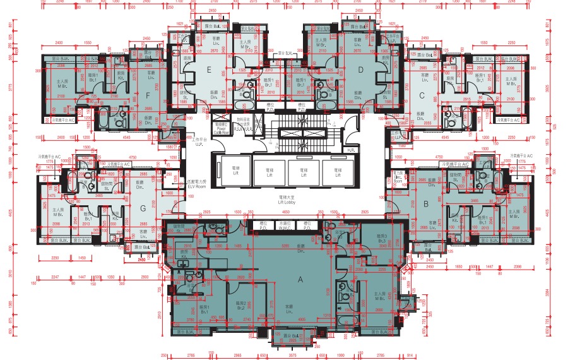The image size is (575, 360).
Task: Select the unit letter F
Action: click(x=147, y=96)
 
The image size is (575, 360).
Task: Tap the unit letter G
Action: click(x=143, y=209)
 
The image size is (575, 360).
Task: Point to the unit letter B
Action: click(x=427, y=203)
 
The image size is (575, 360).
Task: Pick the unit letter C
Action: click(x=421, y=95)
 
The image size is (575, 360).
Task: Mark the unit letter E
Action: click(x=208, y=71)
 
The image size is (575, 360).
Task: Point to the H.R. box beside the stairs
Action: click(x=351, y=150)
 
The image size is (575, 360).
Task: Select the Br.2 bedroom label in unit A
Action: click(x=240, y=308)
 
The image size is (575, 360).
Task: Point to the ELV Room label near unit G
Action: click(x=197, y=184)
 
